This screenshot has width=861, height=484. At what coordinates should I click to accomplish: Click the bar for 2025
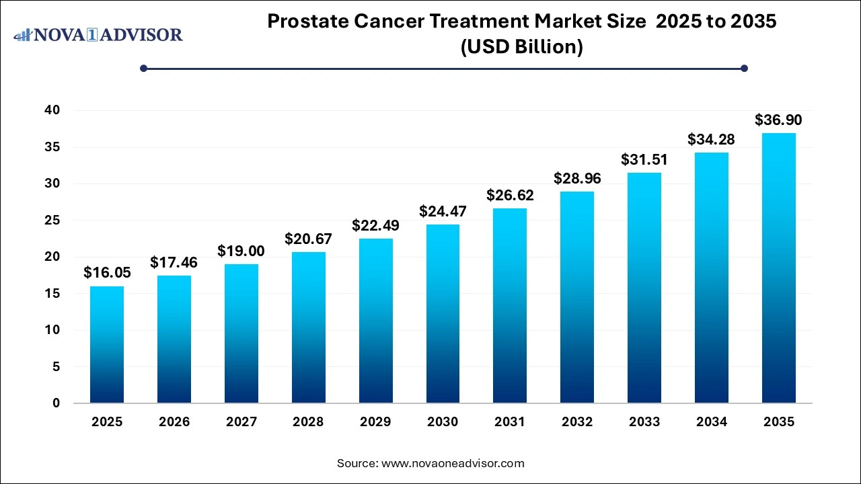107,345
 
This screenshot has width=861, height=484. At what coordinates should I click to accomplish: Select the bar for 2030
443,314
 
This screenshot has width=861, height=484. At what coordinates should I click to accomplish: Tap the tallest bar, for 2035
779,268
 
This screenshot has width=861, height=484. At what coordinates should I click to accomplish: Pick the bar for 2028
309,327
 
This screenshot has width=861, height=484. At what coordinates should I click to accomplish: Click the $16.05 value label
107,272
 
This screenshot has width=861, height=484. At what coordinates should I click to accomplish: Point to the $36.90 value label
779,120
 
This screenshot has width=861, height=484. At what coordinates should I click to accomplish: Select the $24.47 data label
443,211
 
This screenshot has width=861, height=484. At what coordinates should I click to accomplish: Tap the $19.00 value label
241,251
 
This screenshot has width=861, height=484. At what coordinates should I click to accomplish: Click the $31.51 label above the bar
644,159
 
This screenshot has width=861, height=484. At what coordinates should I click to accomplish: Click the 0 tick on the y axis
57,403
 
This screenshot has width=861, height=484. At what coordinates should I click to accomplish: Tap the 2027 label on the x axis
241,422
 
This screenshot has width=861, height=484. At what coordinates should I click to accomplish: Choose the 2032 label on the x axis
577,422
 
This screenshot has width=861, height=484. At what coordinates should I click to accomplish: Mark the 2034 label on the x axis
712,422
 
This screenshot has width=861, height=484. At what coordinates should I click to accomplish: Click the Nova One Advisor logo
98,34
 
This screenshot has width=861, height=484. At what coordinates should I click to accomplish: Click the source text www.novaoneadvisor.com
453,463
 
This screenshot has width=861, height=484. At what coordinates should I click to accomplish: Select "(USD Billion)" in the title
521,47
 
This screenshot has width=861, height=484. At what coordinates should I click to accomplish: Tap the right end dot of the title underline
744,68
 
